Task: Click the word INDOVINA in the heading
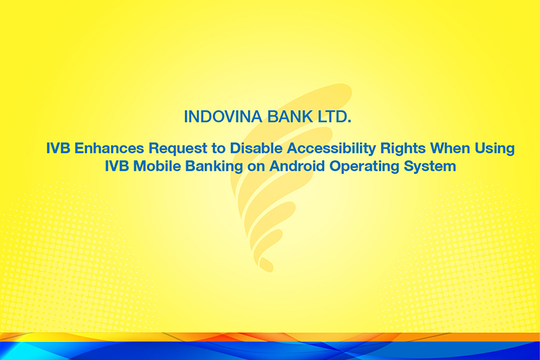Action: click(223, 117)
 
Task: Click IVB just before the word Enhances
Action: click(58, 148)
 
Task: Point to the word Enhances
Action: click(109, 148)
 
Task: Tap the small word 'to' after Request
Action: click(219, 148)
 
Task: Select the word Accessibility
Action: click(331, 149)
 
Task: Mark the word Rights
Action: click(403, 149)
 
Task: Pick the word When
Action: click(450, 148)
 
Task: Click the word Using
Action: click(495, 149)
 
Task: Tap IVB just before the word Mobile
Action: click(117, 166)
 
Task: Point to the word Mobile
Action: click(157, 166)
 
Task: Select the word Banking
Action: click(214, 167)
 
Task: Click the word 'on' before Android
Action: click(256, 167)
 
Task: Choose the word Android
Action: click(297, 166)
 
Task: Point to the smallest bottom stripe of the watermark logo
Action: click(266, 264)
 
